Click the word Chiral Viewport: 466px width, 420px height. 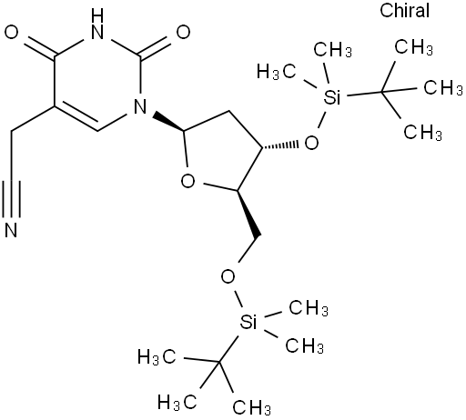(x=404, y=10)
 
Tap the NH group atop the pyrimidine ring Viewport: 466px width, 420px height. (x=97, y=24)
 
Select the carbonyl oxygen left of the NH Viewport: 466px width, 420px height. (x=12, y=32)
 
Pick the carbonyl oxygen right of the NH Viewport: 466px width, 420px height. (x=183, y=32)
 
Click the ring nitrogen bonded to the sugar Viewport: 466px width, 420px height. (x=140, y=106)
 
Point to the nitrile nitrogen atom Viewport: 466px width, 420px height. (x=11, y=230)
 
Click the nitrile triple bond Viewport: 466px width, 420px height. (x=11, y=199)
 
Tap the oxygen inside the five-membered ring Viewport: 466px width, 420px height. (x=187, y=182)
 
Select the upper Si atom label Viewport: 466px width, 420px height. (x=332, y=97)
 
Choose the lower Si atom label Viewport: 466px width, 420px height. (x=248, y=322)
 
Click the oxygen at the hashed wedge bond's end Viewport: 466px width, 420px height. (x=311, y=143)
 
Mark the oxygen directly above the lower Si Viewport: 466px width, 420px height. (x=228, y=276)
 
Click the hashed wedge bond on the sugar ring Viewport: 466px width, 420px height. (x=280, y=145)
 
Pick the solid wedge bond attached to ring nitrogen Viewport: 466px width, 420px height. (x=168, y=122)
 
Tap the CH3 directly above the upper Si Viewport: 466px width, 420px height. (x=333, y=50)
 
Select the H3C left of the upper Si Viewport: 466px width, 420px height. (x=276, y=72)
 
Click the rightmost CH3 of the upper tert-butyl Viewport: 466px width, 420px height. (x=442, y=88)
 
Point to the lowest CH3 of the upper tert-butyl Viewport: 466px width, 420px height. (x=422, y=133)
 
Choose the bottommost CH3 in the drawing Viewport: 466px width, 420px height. (x=251, y=407)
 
